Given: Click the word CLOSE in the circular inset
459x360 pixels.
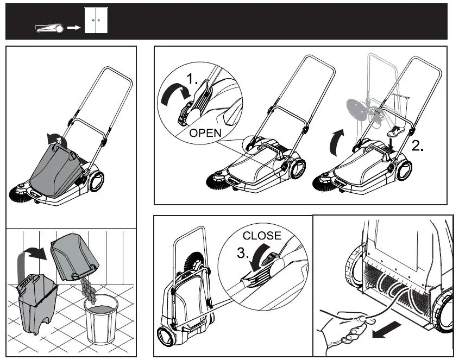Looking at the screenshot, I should pyautogui.click(x=262, y=236).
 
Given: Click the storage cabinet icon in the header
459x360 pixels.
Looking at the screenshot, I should pyautogui.click(x=97, y=20).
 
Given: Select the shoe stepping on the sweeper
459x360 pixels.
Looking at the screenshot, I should pyautogui.click(x=397, y=131).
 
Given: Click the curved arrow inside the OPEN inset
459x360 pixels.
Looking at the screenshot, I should pyautogui.click(x=173, y=96).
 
